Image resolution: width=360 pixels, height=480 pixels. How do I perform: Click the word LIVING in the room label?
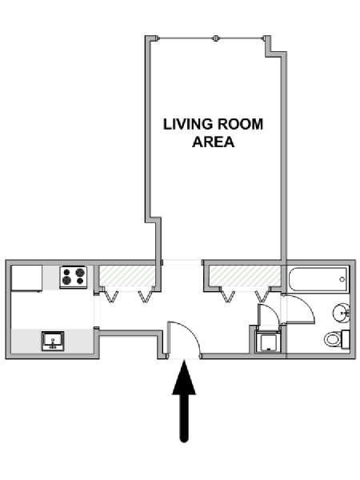pyautogui.click(x=188, y=125)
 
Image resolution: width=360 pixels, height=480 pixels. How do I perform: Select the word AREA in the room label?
pyautogui.click(x=213, y=142)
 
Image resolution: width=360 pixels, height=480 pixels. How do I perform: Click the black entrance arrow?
pyautogui.click(x=184, y=401)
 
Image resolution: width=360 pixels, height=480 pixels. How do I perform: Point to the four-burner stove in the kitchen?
pyautogui.click(x=74, y=277)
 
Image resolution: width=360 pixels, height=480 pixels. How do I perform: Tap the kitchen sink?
pyautogui.click(x=53, y=341)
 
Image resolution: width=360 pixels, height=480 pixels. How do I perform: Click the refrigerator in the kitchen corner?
pyautogui.click(x=26, y=278)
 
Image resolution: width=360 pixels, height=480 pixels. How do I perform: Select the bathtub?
pyautogui.click(x=318, y=279)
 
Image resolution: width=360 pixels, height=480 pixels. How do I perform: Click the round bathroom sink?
pyautogui.click(x=342, y=313)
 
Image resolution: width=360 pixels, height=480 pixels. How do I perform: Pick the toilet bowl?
pyautogui.click(x=333, y=339)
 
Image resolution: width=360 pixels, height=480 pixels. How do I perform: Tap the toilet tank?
pyautogui.click(x=346, y=339)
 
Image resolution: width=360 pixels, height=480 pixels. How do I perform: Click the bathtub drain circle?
pyautogui.click(x=342, y=279)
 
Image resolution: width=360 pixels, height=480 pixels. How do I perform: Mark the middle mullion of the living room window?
pyautogui.click(x=215, y=38)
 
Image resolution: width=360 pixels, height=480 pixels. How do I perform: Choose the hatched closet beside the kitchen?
pyautogui.click(x=126, y=276)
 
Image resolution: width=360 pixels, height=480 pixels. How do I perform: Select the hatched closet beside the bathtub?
pyautogui.click(x=245, y=276)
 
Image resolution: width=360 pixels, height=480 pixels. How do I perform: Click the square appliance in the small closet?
pyautogui.click(x=268, y=342)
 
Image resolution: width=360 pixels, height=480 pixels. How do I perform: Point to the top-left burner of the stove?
pyautogui.click(x=66, y=271)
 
